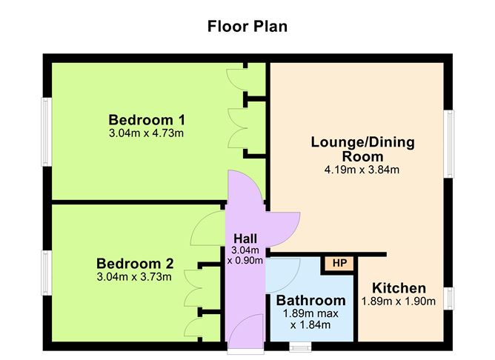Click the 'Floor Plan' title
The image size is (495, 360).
pos(247,26)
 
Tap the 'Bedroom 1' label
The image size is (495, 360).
pos(147,120)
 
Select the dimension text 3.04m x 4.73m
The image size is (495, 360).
pos(146,133)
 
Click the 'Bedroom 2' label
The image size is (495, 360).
pos(135,264)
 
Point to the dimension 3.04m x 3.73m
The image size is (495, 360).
pos(135,277)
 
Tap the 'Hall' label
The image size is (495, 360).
pos(245,239)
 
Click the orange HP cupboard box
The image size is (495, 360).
pos(339,263)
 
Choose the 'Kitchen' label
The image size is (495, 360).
pos(399,288)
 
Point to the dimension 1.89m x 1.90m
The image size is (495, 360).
pos(399,301)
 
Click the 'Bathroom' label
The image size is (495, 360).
pos(310,301)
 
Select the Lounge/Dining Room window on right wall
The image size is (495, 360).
pos(448,144)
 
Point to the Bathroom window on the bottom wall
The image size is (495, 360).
pos(300,345)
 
